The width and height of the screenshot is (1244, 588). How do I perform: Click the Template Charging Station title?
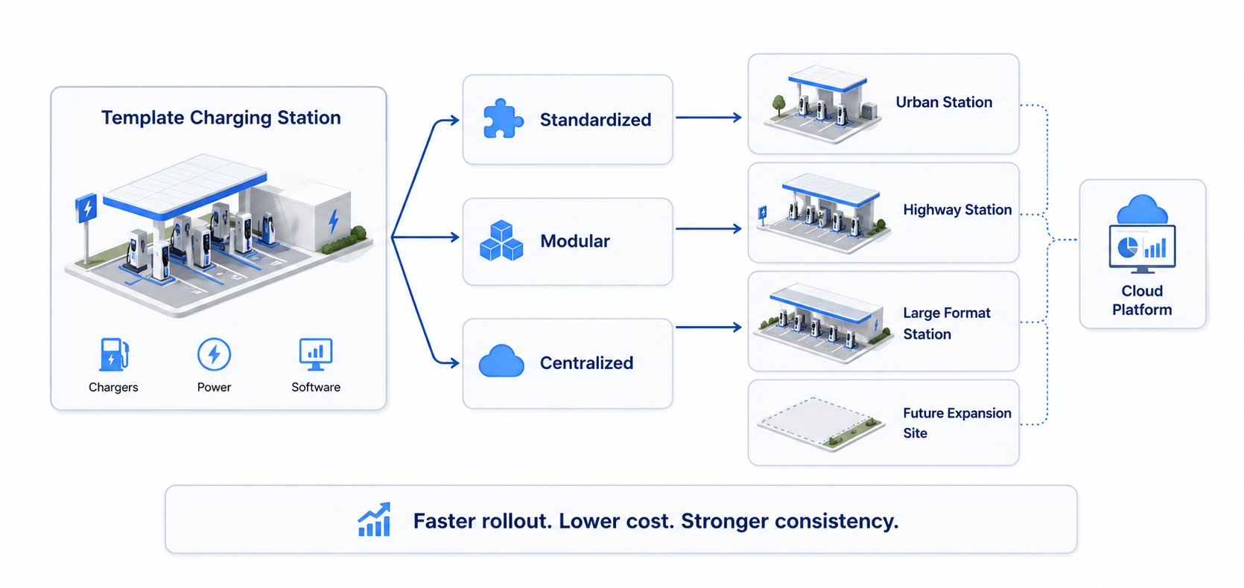coord(220,118)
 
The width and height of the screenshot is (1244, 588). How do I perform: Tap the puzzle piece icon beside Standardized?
coord(502,119)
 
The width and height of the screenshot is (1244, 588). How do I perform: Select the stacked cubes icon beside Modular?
coord(501,240)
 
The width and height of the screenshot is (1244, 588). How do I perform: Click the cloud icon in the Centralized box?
coord(501,362)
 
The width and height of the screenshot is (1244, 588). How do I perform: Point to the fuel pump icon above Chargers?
coord(113,354)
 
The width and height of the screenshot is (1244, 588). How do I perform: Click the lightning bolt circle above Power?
coord(214,354)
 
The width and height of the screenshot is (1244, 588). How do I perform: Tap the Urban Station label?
coord(944,102)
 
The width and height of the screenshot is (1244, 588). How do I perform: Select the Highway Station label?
coord(956,210)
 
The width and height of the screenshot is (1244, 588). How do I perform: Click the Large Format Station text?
coord(946,323)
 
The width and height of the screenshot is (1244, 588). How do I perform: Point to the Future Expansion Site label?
coord(956,422)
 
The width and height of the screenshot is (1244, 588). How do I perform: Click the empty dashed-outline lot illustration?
coord(820,423)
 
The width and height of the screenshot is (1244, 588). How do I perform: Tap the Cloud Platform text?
coord(1141,300)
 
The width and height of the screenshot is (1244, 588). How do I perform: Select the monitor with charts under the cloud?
coord(1142,248)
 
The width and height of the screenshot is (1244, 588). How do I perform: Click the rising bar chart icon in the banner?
coord(375,520)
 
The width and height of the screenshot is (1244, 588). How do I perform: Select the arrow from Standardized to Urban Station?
coord(708,118)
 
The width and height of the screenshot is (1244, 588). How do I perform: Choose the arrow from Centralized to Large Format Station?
coord(708,327)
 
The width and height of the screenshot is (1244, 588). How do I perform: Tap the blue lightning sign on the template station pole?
coord(86,208)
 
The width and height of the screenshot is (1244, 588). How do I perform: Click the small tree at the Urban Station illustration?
coord(779,103)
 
